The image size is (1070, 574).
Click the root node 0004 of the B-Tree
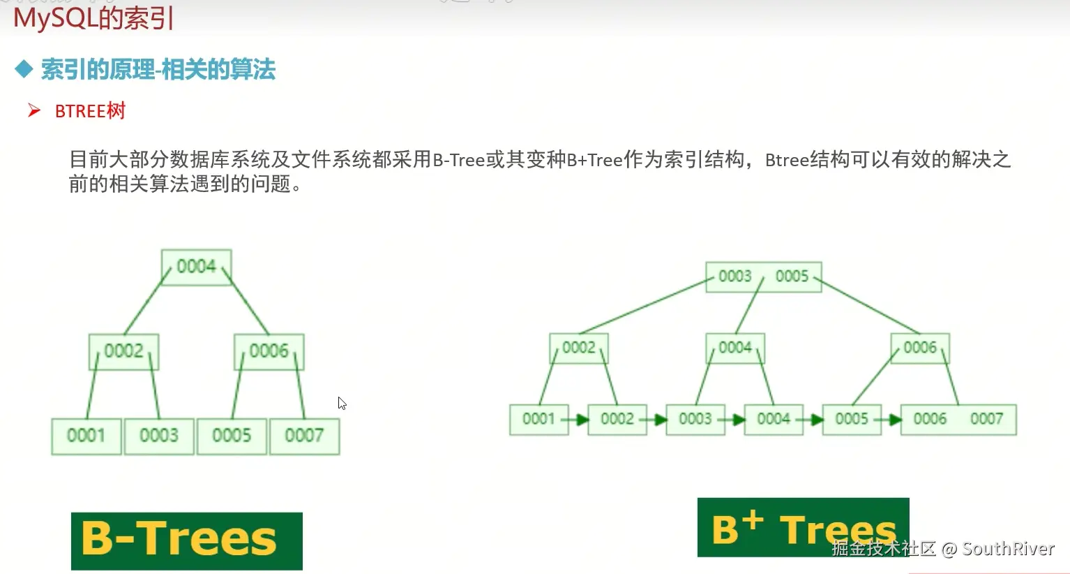coord(196,267)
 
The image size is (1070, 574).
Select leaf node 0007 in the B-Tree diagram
coord(304,436)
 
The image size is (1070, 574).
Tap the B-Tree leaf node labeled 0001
coord(86,436)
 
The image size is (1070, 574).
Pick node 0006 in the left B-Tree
coord(269,351)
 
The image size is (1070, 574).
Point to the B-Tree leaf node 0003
coord(159,436)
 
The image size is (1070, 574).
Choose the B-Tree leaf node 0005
coord(232,436)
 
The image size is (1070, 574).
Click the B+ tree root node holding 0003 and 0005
coord(763,277)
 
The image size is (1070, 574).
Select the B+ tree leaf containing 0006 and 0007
coord(958,419)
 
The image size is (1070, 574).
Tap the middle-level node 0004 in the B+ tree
coord(735,348)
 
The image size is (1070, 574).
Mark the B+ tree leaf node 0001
coord(538,419)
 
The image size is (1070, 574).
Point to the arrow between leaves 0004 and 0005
coord(813,420)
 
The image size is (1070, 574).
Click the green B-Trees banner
coord(186,540)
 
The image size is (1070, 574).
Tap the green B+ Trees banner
coord(802,527)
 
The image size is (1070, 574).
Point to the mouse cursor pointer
coord(341,403)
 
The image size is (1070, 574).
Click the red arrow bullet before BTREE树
coord(33,110)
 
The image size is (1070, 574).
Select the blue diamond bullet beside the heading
coord(24,69)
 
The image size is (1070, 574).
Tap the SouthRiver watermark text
coord(1008,549)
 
